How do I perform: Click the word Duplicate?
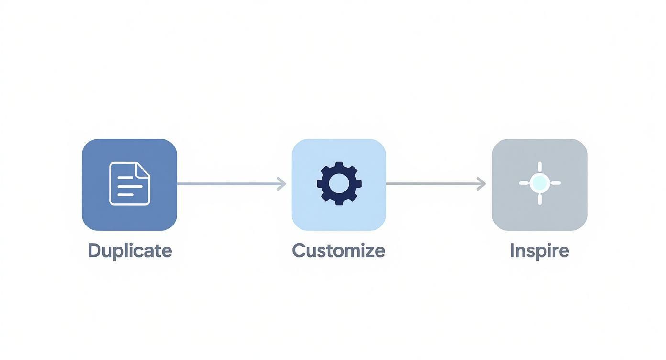tap(130, 250)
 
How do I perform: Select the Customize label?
tap(338, 250)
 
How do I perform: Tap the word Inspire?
tap(539, 250)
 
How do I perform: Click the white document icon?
tap(129, 184)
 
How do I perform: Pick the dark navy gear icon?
tap(339, 184)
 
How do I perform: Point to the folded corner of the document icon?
tap(143, 169)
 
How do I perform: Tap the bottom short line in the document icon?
tap(125, 194)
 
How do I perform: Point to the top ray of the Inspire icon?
tap(540, 167)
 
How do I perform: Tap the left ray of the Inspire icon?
tap(524, 183)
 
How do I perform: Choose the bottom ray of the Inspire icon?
tap(540, 199)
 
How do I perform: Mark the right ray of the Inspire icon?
tap(555, 183)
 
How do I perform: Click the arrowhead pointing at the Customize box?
tap(282, 184)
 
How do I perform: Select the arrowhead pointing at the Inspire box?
tap(481, 184)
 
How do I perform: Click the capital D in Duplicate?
tap(94, 250)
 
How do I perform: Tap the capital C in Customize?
tap(299, 250)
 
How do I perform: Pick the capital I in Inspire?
tap(512, 250)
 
